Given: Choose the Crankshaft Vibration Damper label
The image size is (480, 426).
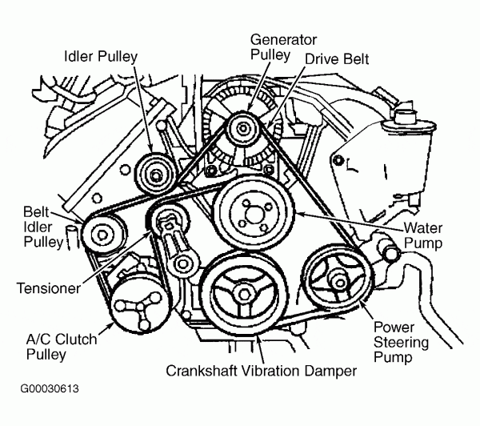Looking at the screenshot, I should (x=261, y=372).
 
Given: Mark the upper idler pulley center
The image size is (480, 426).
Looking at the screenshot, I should (x=156, y=174).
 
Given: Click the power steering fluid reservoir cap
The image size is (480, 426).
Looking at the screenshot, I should (x=394, y=122).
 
